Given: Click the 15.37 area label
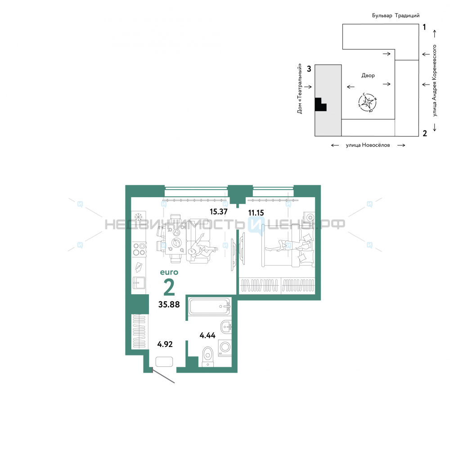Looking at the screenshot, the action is point(218,212).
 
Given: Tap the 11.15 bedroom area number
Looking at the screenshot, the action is point(256,213).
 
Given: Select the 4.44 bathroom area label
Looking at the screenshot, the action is point(207,335).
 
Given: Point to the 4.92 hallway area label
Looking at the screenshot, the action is point(165,344).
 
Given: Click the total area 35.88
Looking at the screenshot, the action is point(169,304).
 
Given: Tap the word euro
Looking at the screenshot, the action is point(169,272).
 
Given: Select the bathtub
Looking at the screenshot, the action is point(210,306).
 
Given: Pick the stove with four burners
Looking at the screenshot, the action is point(139,249).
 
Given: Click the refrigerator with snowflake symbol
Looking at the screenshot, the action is point(138,217).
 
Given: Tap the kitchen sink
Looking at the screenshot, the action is point(139,283).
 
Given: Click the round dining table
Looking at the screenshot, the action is point(175,243).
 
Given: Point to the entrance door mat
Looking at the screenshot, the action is point(164,362).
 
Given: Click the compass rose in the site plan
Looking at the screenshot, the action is point(367,102).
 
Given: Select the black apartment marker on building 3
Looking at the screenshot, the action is point(320,104).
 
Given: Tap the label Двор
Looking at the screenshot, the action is point(368,76).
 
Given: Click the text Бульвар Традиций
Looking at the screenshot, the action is point(396,15).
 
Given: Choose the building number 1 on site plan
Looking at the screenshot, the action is point(424,27).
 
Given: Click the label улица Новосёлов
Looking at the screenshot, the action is point(368,145).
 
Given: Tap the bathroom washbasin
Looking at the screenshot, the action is point(226,327).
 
